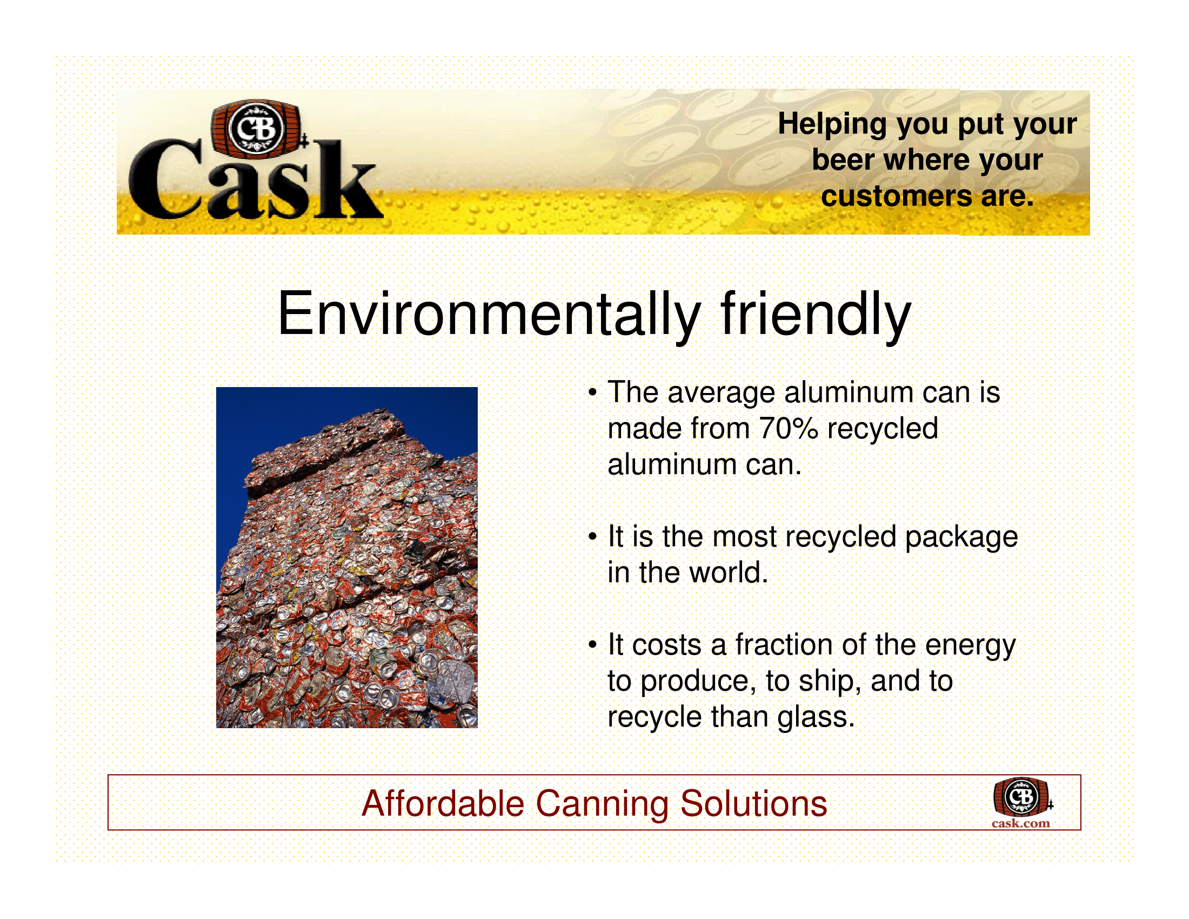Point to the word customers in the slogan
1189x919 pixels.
coord(896,196)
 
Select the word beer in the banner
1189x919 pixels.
coord(843,160)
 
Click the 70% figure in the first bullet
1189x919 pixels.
coord(789,428)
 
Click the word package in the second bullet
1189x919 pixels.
coord(961,538)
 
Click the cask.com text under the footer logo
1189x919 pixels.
coord(1021,823)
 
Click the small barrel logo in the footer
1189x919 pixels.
coord(1023,797)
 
